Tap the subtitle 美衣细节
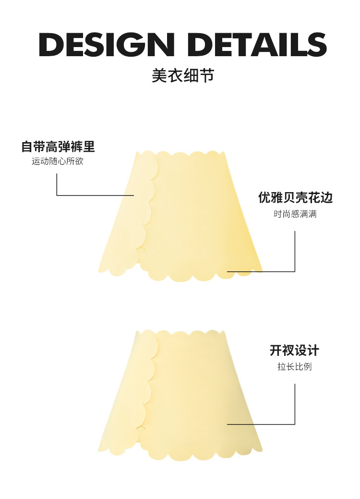[182, 75]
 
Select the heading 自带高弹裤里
[58, 146]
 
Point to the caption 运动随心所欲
[58, 161]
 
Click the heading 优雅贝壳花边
[295, 197]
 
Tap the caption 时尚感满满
[295, 214]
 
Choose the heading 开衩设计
[294, 351]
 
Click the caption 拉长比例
[294, 367]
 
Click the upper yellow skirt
[192, 216]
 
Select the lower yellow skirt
[192, 394]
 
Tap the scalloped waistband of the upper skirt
[182, 155]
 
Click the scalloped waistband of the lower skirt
[182, 333]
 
